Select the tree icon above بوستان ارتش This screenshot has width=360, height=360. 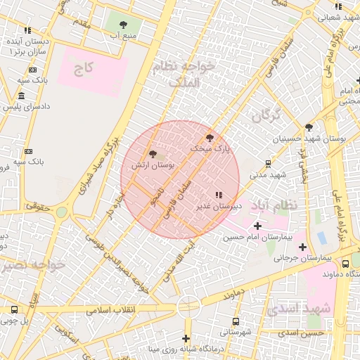[153, 154]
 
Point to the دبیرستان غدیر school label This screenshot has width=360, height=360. [218, 206]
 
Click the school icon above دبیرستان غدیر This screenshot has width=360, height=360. [218, 195]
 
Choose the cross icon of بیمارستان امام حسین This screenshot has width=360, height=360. [257, 226]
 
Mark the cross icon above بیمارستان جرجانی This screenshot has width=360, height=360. [302, 247]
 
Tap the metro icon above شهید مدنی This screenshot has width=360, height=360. [268, 164]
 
